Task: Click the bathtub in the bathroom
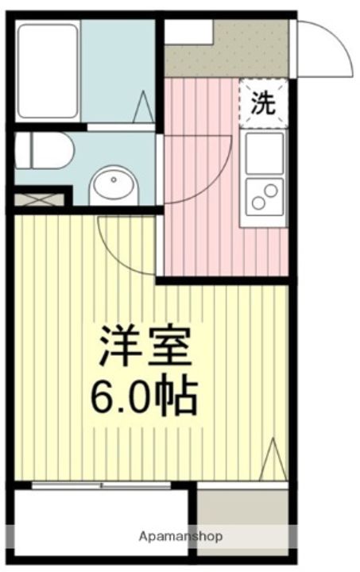click(x=48, y=71)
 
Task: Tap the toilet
click(x=45, y=150)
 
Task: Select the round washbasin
click(x=114, y=185)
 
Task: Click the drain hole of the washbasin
click(x=114, y=180)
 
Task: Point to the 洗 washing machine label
click(x=263, y=103)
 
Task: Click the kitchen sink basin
click(x=265, y=153)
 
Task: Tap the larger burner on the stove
click(x=271, y=190)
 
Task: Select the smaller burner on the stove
click(x=258, y=203)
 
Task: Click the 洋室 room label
click(x=146, y=346)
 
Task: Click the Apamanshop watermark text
click(x=180, y=536)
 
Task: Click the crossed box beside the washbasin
click(x=39, y=200)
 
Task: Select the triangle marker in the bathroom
click(x=143, y=106)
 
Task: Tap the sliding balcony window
click(x=101, y=485)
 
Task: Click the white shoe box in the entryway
click(x=188, y=32)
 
